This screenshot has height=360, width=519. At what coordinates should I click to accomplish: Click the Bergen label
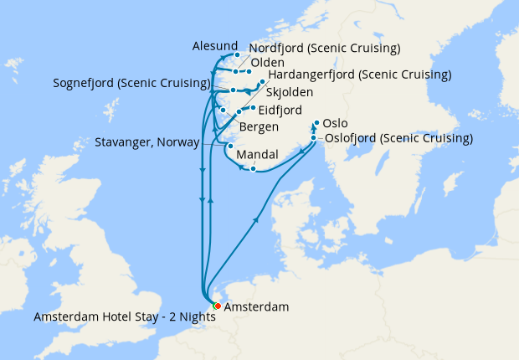(x=259, y=126)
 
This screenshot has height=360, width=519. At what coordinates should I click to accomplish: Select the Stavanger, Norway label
(x=146, y=141)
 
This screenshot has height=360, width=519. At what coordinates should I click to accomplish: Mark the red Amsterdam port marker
(x=217, y=306)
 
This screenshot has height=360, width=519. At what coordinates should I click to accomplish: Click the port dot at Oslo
(x=316, y=122)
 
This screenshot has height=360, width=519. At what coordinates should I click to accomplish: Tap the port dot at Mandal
(x=254, y=169)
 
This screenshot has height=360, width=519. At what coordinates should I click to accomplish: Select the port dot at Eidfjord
(x=253, y=108)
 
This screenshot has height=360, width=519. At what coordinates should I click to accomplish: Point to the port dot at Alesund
(x=237, y=55)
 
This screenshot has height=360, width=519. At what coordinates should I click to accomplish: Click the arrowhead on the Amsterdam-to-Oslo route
(x=255, y=219)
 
